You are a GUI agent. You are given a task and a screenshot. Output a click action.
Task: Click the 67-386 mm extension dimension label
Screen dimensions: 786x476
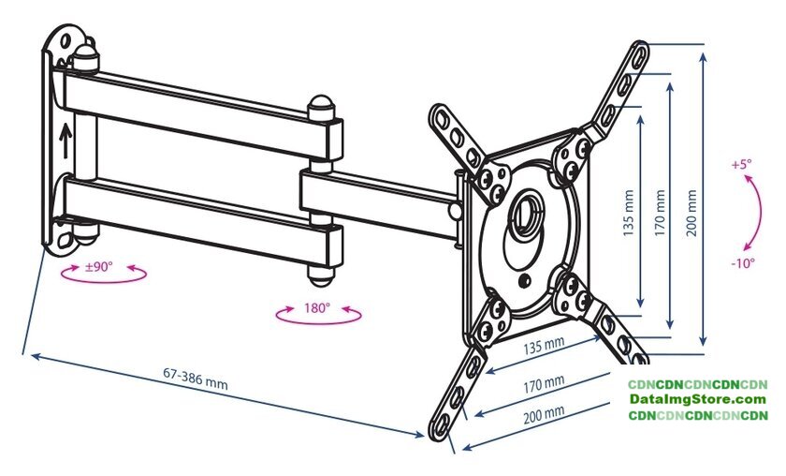click(196, 379)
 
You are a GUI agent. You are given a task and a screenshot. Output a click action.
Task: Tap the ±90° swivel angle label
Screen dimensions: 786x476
click(99, 267)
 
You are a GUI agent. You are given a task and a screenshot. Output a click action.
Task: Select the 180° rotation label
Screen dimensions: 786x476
click(317, 307)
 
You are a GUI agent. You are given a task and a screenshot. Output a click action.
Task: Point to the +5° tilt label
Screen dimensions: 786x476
click(741, 164)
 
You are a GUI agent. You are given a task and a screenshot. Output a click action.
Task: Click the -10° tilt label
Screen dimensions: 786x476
click(743, 262)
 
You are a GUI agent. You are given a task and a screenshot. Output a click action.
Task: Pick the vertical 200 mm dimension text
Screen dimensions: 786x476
click(691, 213)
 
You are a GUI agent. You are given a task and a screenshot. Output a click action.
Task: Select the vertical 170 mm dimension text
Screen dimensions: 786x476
click(661, 213)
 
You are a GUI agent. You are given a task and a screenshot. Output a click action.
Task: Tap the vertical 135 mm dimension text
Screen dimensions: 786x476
click(629, 213)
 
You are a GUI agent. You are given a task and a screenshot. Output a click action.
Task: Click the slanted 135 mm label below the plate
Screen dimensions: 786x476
click(544, 346)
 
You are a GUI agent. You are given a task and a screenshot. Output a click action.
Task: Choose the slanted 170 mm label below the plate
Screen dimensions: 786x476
click(544, 383)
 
